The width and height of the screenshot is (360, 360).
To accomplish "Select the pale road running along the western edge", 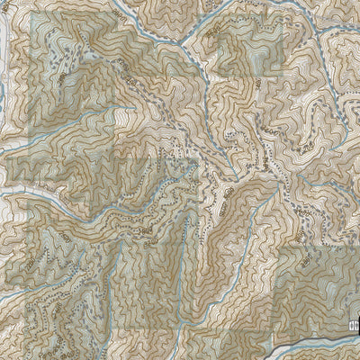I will pyautogui.click(x=4, y=54).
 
